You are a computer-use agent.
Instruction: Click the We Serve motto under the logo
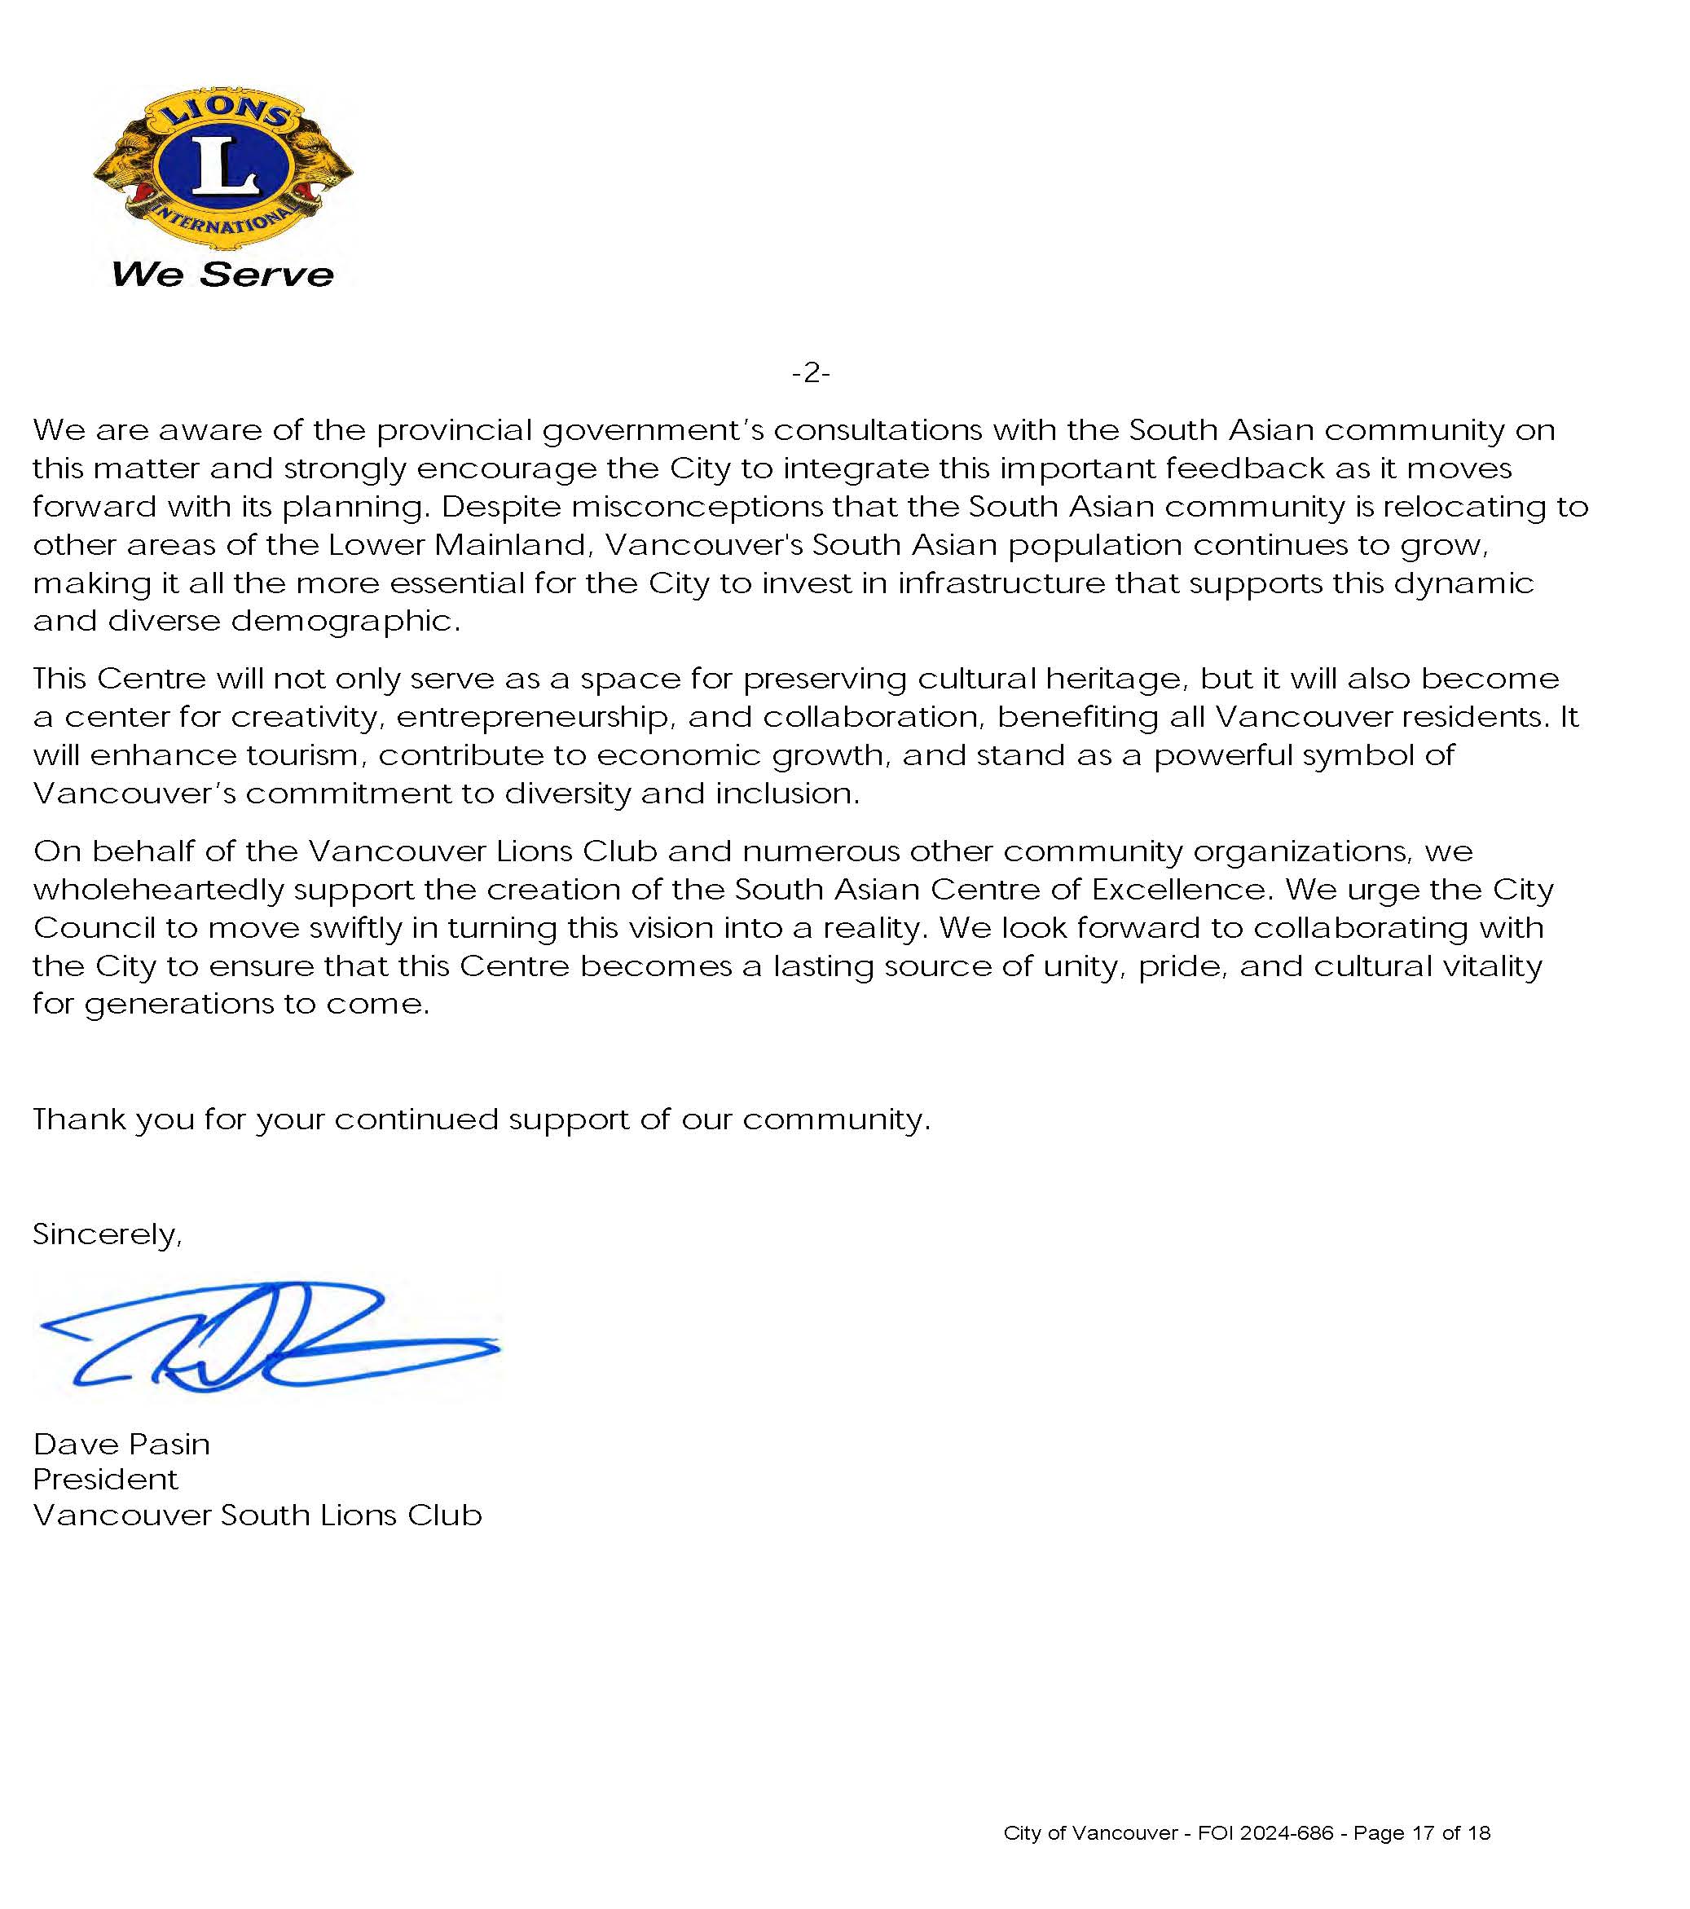(x=222, y=274)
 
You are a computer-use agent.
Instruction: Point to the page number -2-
(x=810, y=374)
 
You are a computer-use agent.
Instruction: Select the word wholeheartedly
(x=158, y=890)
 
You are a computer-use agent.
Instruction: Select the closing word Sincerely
(x=107, y=1234)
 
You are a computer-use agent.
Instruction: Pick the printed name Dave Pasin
(x=121, y=1445)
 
